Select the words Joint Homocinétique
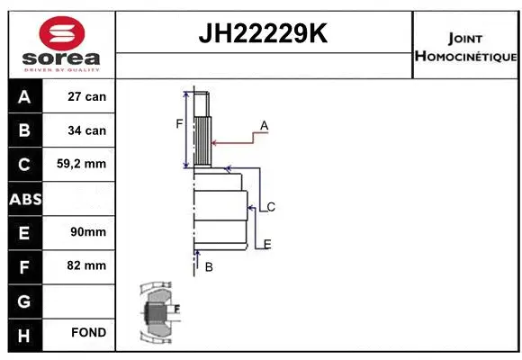(465, 48)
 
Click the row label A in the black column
(23, 96)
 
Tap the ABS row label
(23, 199)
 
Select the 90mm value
(87, 232)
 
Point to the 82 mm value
(87, 265)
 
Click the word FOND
(88, 333)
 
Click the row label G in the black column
(23, 300)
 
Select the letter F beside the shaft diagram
(178, 123)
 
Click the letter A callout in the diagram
(264, 124)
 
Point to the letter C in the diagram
(270, 207)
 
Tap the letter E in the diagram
(267, 244)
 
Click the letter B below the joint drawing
(208, 267)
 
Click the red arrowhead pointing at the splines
(214, 141)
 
